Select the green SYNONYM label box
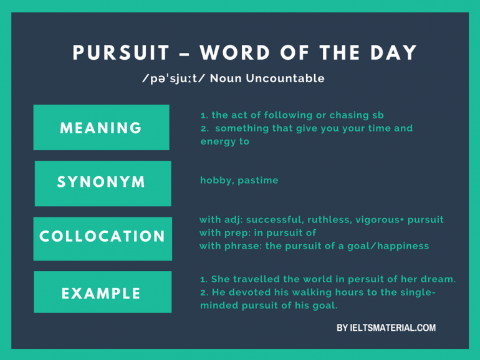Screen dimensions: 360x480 102,182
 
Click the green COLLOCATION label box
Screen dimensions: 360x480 102,237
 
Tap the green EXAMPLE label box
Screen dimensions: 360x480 102,293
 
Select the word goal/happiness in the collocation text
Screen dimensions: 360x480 388,246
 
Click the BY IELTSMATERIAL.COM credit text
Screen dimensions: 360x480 386,328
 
